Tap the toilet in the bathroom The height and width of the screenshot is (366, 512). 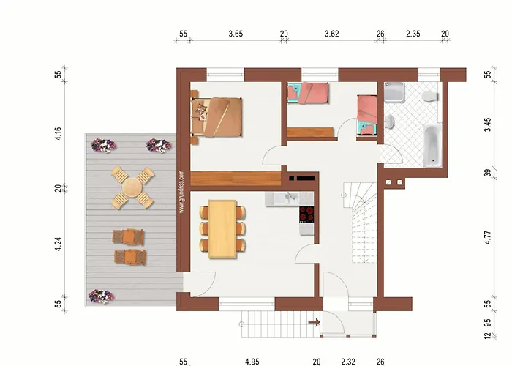[x=430, y=97]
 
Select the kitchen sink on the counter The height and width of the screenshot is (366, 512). [x=290, y=198]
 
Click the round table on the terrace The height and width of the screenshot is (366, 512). [x=132, y=187]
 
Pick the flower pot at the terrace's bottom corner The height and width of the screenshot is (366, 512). [x=100, y=296]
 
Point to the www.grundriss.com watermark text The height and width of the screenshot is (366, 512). [x=181, y=191]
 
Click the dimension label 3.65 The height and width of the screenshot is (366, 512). [x=236, y=34]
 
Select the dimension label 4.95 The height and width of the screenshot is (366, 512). [x=252, y=361]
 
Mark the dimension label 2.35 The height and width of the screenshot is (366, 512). [x=413, y=34]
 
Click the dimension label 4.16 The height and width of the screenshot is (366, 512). [x=59, y=134]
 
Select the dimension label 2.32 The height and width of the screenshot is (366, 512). [x=348, y=361]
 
